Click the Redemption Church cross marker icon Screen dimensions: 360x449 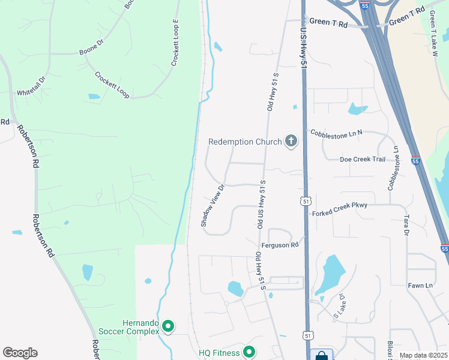point(291,142)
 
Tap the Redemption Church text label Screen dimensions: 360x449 point(245,142)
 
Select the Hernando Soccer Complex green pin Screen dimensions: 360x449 point(169,327)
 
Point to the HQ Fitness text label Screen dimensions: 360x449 point(219,353)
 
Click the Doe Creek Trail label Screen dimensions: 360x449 point(362,159)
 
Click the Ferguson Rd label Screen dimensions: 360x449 point(280,245)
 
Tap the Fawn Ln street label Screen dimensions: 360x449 point(420,286)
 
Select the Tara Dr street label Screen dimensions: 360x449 point(406,225)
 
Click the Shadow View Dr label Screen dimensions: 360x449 point(212,205)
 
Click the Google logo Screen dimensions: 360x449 point(20,353)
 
